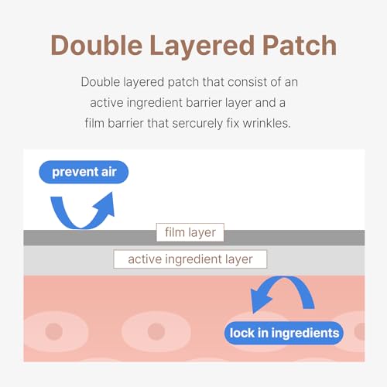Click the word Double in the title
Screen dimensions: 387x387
point(97,45)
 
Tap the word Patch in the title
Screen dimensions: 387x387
point(300,45)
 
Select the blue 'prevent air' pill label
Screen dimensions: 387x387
point(84,172)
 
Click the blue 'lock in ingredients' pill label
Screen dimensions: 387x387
point(284,333)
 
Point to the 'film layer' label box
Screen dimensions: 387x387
point(190,232)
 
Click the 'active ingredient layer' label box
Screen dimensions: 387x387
point(190,259)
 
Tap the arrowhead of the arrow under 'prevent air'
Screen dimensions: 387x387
point(106,204)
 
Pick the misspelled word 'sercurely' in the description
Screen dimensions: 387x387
point(197,124)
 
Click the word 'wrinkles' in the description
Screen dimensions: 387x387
point(266,123)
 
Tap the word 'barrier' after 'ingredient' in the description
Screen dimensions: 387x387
point(204,103)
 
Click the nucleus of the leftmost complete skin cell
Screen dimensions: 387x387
point(54,331)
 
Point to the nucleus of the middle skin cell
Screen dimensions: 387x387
point(156,331)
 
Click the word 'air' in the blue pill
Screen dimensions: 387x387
point(108,172)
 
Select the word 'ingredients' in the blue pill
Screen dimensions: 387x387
point(305,334)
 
